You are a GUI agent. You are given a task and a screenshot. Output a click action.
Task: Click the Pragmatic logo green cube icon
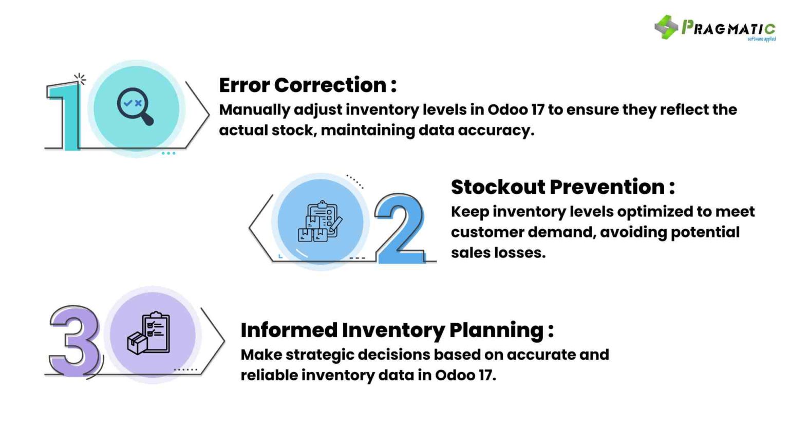666,27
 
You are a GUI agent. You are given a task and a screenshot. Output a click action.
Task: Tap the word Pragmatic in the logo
728,28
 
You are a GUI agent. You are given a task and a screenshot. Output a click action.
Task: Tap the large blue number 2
400,229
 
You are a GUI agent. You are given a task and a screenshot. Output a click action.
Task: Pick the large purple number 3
74,341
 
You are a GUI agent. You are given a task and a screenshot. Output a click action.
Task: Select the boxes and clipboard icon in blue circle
320,221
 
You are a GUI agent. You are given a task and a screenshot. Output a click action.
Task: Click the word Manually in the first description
254,110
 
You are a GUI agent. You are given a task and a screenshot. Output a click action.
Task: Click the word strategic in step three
321,355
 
